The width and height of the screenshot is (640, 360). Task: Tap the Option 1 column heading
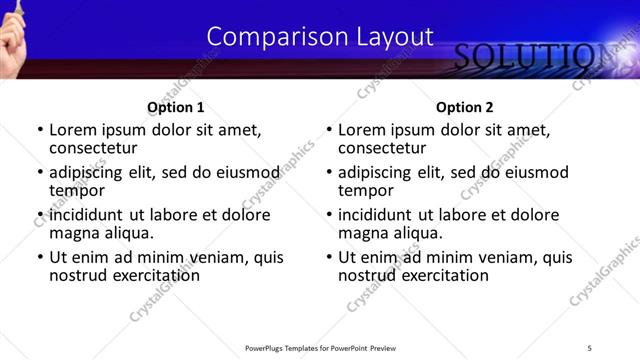click(x=175, y=107)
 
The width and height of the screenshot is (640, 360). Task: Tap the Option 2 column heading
click(x=464, y=107)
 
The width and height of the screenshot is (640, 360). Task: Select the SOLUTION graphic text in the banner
click(x=529, y=58)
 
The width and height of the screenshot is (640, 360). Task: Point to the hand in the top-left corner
click(x=11, y=20)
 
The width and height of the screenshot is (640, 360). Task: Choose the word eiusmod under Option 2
click(x=527, y=171)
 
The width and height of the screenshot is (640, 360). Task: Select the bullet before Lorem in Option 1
click(x=39, y=130)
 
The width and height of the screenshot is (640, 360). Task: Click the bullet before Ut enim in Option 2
click(x=328, y=257)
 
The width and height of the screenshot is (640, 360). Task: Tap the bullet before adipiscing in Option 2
click(x=328, y=172)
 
